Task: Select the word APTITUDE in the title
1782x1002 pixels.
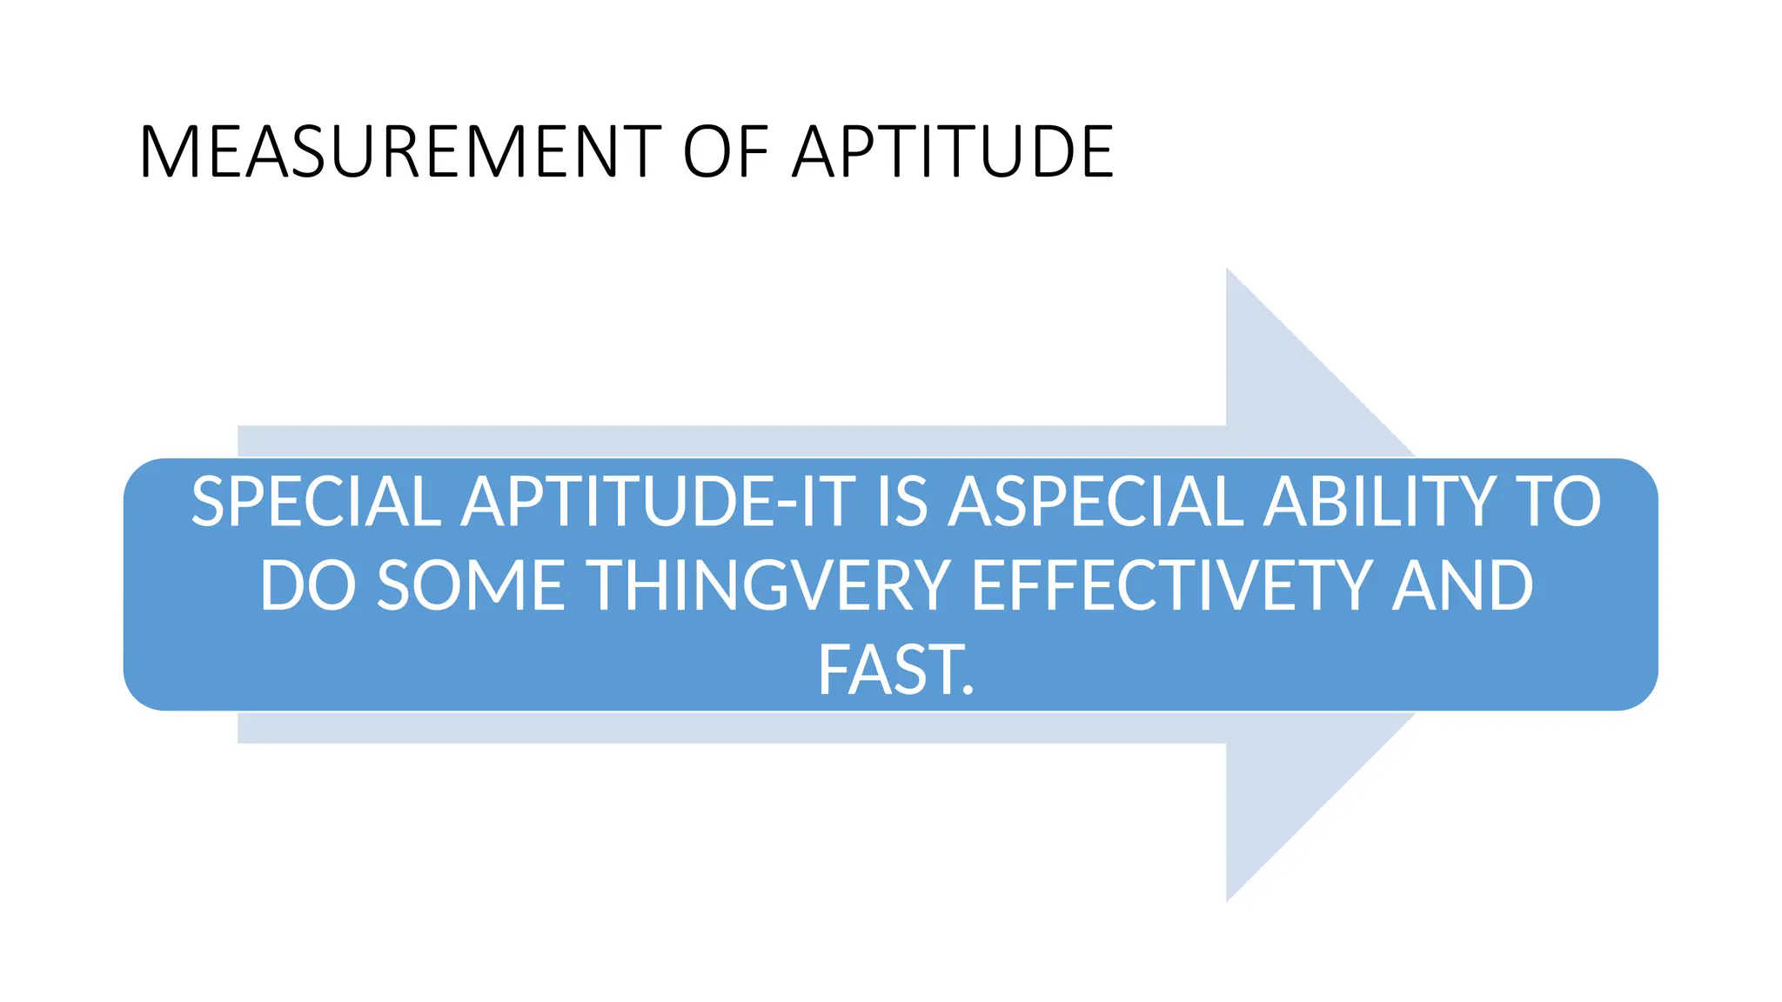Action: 953,152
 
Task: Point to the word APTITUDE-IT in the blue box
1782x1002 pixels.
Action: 658,502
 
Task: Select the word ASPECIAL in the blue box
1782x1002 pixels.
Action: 1096,502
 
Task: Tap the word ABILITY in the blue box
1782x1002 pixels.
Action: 1380,502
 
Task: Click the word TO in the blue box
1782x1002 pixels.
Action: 1558,502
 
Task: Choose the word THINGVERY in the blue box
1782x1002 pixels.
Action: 769,585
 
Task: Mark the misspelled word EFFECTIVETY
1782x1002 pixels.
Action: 1171,585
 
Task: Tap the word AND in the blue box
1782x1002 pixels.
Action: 1462,585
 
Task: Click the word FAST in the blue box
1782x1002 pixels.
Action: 888,670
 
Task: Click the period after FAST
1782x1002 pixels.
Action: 968,691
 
